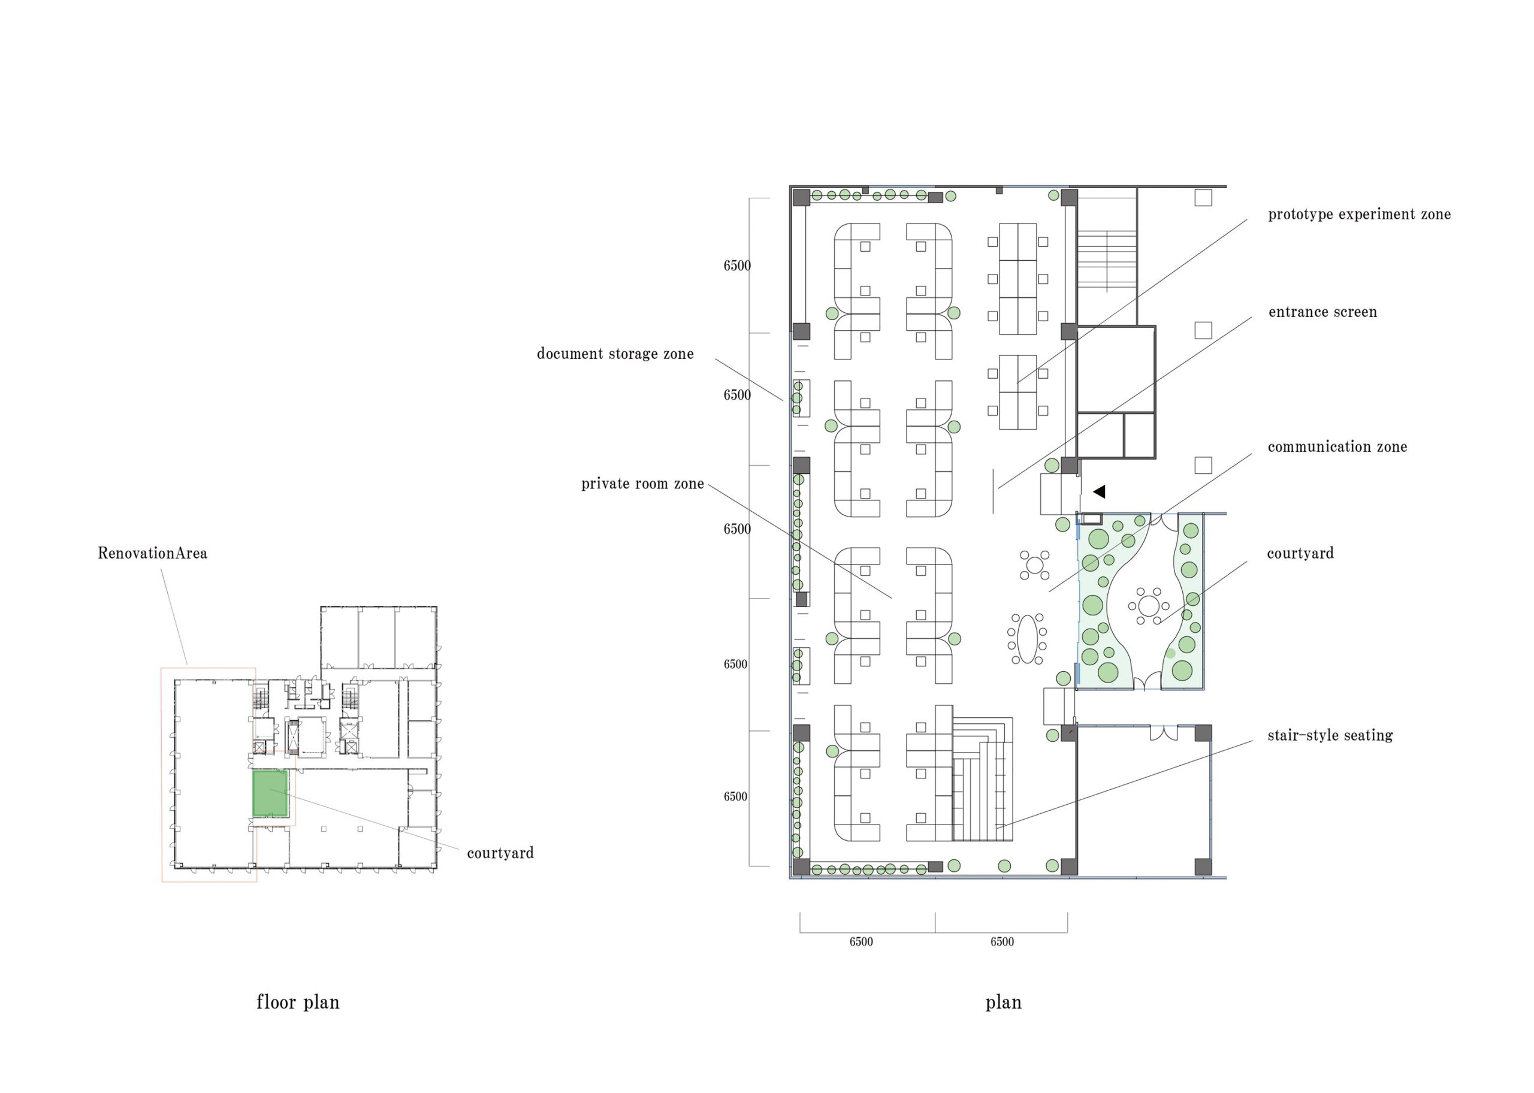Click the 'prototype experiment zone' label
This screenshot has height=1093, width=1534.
click(1358, 215)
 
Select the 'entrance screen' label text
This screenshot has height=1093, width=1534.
click(1322, 312)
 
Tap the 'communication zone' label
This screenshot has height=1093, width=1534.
click(1337, 447)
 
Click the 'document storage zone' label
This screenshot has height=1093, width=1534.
click(615, 354)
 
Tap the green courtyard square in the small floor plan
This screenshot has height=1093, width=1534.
click(270, 793)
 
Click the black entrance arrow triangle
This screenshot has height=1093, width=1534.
click(1100, 492)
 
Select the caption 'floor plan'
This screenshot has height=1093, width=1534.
click(298, 1002)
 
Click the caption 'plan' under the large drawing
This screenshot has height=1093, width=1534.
click(1003, 1002)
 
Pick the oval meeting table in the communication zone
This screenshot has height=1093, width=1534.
click(1026, 639)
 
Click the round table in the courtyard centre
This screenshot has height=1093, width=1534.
click(1149, 606)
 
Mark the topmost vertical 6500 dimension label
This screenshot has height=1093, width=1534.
click(736, 266)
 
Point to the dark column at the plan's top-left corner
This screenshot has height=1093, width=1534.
click(801, 198)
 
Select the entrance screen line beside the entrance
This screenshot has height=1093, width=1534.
click(993, 491)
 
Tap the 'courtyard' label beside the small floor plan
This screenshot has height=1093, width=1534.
click(500, 853)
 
